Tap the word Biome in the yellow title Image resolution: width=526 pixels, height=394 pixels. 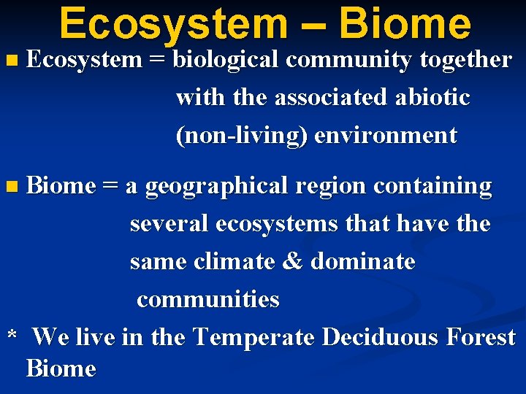(x=405, y=23)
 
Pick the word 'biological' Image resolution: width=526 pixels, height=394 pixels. (x=226, y=61)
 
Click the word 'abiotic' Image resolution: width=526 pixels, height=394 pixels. (x=434, y=98)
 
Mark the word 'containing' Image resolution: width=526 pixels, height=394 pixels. (x=433, y=187)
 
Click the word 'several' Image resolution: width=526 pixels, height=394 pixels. (x=169, y=224)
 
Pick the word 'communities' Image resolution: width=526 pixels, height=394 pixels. (x=208, y=300)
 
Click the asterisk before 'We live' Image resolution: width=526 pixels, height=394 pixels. (x=12, y=336)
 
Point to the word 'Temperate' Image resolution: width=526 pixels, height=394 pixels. (x=254, y=337)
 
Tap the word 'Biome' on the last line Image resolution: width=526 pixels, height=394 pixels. (x=61, y=368)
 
